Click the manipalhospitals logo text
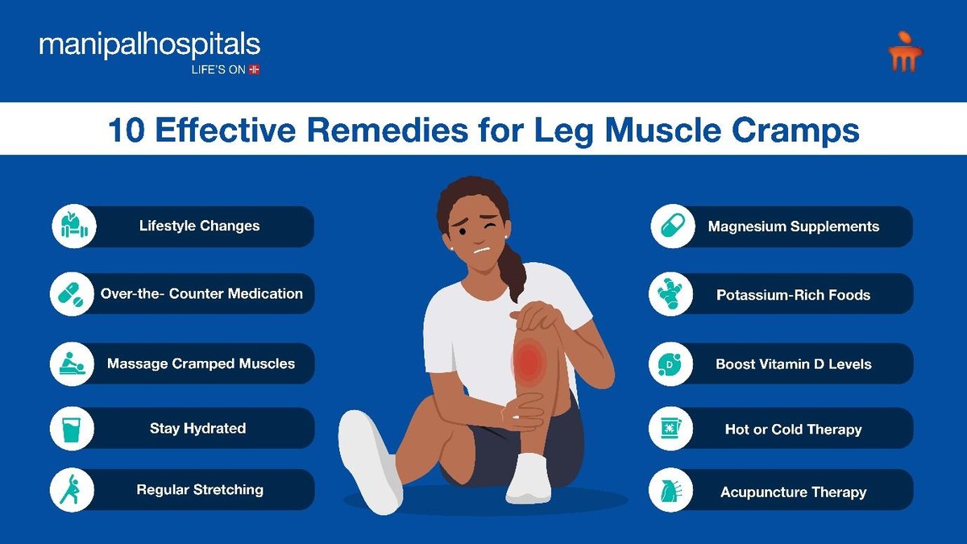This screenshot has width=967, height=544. click(x=150, y=45)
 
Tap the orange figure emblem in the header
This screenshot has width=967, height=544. click(x=905, y=51)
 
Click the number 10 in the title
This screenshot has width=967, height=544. click(x=126, y=130)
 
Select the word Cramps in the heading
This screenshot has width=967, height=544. click(x=795, y=131)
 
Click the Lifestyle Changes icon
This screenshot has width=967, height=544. click(x=74, y=226)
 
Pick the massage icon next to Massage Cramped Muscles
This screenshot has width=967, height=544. click(x=72, y=364)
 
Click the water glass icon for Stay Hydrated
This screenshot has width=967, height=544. click(x=72, y=429)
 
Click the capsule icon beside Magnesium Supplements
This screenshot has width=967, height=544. click(x=673, y=226)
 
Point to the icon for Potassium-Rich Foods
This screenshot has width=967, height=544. click(x=670, y=294)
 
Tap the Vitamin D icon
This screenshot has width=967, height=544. click(x=670, y=364)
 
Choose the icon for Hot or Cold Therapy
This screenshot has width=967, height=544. click(x=670, y=429)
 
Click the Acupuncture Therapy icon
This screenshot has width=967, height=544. click(x=670, y=490)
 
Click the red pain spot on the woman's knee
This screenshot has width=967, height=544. click(x=529, y=360)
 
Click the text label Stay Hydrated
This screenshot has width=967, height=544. click(x=197, y=428)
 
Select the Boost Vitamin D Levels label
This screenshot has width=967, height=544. click(x=794, y=364)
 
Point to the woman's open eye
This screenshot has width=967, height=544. click(x=463, y=232)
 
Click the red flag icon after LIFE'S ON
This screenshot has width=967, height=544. click(x=255, y=69)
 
